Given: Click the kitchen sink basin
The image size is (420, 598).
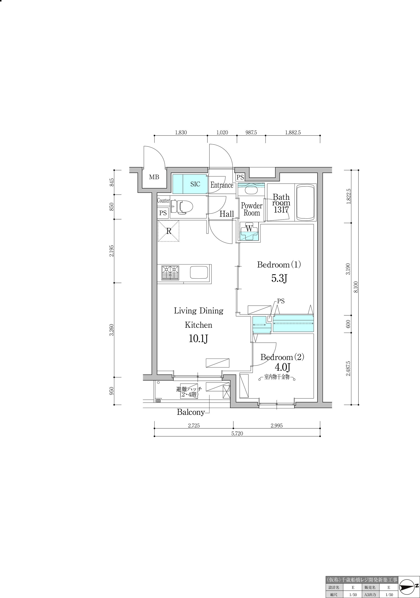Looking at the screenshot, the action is point(199,272).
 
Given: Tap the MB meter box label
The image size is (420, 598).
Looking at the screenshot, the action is point(154,177).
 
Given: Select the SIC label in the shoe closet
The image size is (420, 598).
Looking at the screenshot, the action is point(195,184).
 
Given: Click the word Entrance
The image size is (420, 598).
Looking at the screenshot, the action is point(222,185).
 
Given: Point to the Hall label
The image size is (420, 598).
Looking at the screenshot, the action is point(226,214).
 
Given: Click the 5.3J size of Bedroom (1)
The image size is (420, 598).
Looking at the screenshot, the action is point(279,278).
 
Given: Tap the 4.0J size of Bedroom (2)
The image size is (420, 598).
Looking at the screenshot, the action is point(283,367).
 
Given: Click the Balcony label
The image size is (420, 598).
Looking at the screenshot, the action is point(191,412).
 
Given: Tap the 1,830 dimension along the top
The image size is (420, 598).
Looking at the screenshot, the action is point(181,133).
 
